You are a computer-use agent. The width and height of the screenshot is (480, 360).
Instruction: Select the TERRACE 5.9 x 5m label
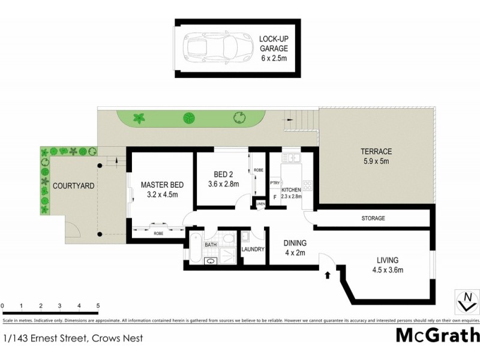pyautogui.click(x=376, y=156)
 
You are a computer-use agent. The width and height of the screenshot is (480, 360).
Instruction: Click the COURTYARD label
pyautogui.click(x=73, y=186)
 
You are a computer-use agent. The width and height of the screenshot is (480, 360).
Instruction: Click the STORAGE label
pyautogui.click(x=373, y=218)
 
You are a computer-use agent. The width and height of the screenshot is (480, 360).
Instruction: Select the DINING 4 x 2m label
pyautogui.click(x=295, y=248)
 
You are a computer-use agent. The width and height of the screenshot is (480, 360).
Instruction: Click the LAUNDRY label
pyautogui.click(x=253, y=249)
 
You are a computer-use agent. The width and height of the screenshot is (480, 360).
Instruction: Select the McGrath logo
pyautogui.click(x=437, y=335)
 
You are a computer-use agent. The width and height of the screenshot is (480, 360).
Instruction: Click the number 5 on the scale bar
pyautogui.click(x=97, y=306)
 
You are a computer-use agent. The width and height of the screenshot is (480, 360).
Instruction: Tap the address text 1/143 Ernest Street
pyautogui.click(x=73, y=339)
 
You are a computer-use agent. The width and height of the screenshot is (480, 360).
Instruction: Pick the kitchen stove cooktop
pyautogui.click(x=307, y=185)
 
